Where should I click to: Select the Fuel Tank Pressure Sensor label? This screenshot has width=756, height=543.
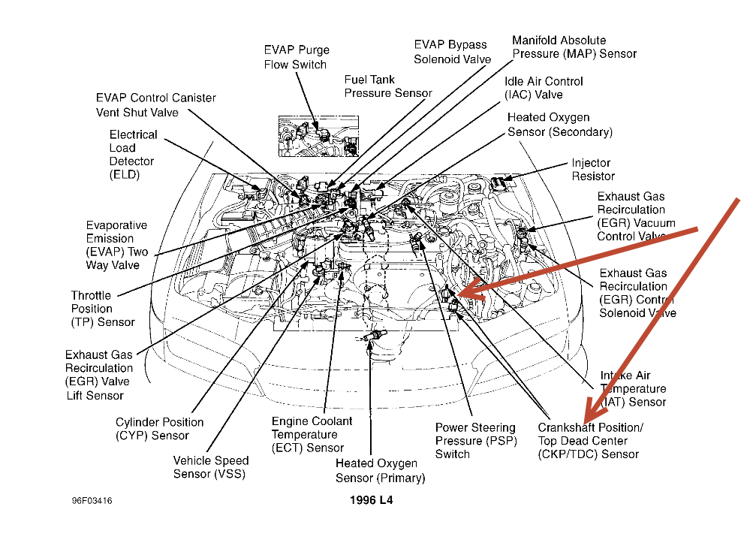coord(388,86)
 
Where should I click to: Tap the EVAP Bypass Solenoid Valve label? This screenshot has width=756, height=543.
coord(452,52)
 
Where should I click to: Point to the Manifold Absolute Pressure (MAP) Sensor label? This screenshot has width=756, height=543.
coord(574,47)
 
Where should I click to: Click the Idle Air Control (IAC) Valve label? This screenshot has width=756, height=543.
coord(544,88)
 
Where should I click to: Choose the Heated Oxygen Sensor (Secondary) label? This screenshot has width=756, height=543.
coord(559,125)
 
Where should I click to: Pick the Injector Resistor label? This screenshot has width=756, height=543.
coord(591,170)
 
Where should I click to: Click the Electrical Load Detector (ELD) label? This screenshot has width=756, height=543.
coord(133,155)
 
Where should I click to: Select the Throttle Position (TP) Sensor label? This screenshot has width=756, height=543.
coord(103,309)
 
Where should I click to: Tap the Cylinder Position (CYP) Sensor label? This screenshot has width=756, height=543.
coord(159,429)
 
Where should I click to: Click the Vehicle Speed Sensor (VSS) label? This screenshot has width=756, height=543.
coord(210,467)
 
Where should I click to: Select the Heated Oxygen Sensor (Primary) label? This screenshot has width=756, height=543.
coord(380,471)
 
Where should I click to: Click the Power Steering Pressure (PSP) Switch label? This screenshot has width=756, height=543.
coord(475,441)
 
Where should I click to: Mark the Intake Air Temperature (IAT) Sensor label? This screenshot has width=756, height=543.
coord(633,389)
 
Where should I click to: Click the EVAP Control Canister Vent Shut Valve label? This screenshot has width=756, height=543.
coord(155,105)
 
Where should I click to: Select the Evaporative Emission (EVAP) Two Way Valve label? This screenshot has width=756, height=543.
coord(116,245)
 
